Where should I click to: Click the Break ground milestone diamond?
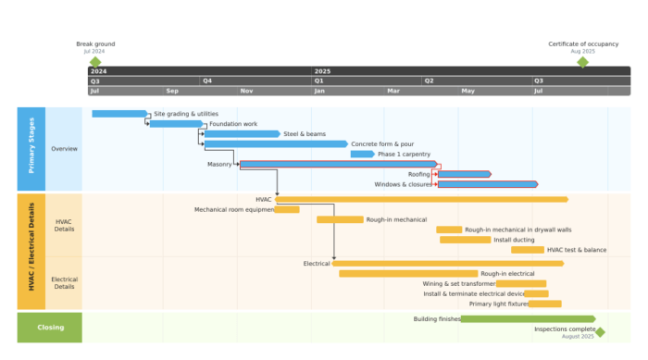click(94, 62)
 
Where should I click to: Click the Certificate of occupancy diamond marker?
click(582, 62)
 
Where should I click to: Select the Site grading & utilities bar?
click(119, 114)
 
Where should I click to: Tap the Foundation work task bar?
click(175, 124)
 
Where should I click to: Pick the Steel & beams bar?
click(242, 134)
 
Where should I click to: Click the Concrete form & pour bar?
click(276, 144)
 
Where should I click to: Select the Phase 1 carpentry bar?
click(362, 155)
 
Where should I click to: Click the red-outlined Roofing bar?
click(463, 174)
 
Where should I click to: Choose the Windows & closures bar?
click(487, 184)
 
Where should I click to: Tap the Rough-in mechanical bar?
click(340, 219)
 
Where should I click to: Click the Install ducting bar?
click(465, 240)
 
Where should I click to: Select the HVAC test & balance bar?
click(528, 250)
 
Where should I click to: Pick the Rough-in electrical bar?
click(408, 274)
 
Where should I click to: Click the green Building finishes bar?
click(515, 319)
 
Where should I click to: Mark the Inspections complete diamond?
click(600, 331)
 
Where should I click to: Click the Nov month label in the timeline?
click(247, 91)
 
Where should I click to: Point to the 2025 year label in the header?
click(322, 71)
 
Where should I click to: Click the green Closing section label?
click(50, 328)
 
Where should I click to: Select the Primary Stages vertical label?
click(31, 149)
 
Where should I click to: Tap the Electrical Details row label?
click(65, 282)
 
